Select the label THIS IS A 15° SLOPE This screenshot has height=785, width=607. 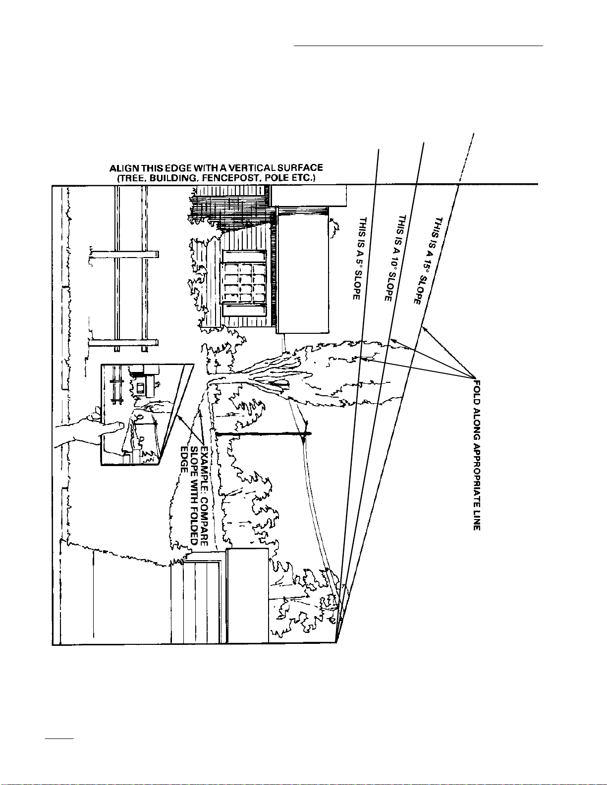428,261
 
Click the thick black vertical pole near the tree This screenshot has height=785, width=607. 263,434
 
